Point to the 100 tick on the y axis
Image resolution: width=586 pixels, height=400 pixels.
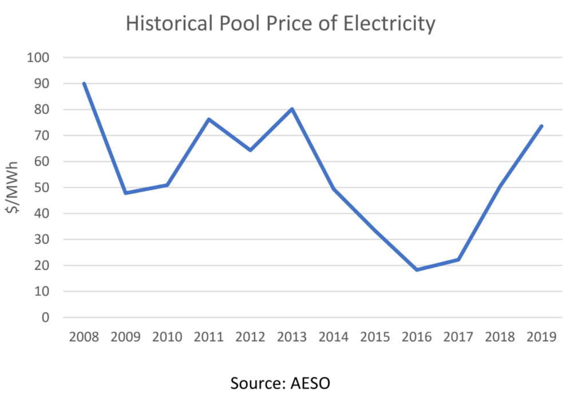[x=39, y=58]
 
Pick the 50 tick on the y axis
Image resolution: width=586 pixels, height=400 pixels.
[x=43, y=188]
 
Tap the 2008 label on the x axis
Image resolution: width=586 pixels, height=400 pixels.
[x=84, y=337]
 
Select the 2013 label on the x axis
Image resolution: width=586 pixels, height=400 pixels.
[x=292, y=337]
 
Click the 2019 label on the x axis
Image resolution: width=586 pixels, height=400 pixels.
[x=541, y=337]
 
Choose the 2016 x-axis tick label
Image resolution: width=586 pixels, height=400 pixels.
[x=417, y=337]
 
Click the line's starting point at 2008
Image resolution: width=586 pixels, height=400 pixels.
[x=84, y=84]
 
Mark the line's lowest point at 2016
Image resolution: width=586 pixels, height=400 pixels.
[x=417, y=269]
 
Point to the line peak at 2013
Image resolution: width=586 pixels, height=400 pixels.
[x=292, y=109]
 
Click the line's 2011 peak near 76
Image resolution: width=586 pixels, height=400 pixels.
[x=209, y=119]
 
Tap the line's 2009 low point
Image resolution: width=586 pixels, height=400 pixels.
[x=126, y=193]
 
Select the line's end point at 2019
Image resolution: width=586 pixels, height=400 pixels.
[x=541, y=126]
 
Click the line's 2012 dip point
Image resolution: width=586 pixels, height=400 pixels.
[x=250, y=150]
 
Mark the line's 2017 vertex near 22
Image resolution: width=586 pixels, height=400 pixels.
[x=458, y=260]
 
